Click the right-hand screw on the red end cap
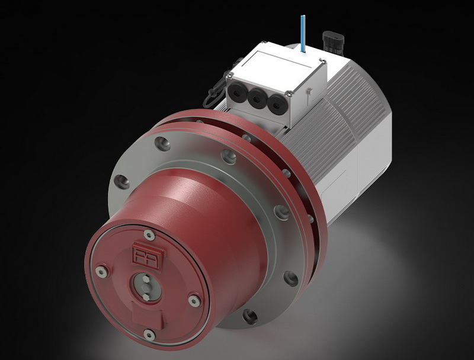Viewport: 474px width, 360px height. coord(192,300)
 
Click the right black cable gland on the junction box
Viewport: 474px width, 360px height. coord(276,102)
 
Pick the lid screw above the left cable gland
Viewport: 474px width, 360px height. coord(228,75)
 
